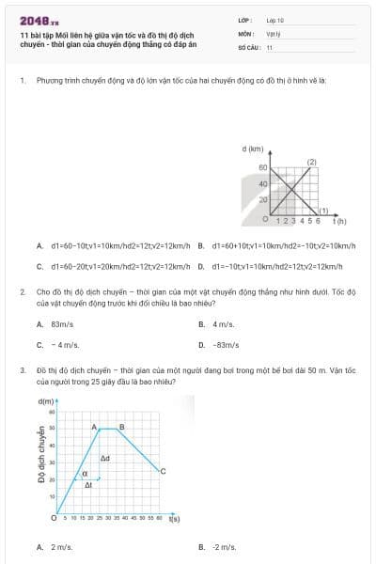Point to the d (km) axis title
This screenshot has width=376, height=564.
(252, 149)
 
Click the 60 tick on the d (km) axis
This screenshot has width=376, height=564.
(263, 166)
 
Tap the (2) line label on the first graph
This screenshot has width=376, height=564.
(311, 161)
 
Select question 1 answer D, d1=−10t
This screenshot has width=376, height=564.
(282, 266)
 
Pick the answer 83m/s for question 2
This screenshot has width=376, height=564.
(62, 324)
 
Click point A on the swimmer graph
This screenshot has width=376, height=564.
(94, 427)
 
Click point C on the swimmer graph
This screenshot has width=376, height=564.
(164, 470)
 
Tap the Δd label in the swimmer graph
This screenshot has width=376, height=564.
(105, 458)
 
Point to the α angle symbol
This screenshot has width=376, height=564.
(85, 474)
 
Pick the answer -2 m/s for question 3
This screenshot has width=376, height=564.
(224, 546)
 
